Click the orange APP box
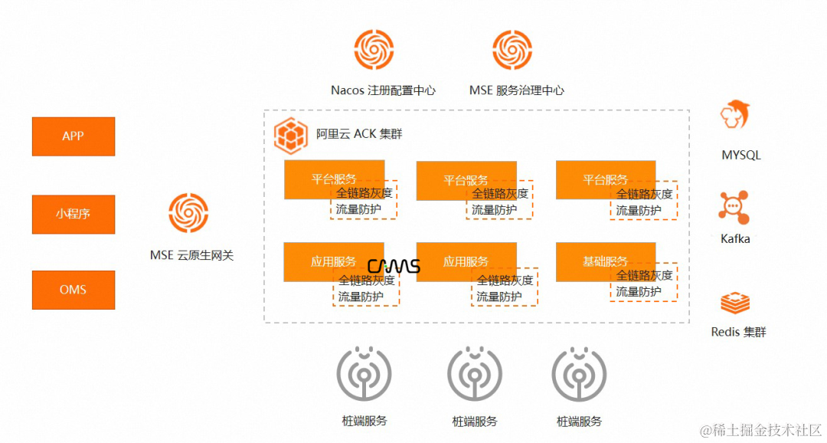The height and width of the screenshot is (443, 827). (x=74, y=136)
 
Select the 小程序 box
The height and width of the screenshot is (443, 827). (x=74, y=214)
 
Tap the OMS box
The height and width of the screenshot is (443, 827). (x=74, y=290)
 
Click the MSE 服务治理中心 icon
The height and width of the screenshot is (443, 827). (x=512, y=49)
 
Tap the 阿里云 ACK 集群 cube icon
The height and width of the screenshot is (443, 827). (x=291, y=135)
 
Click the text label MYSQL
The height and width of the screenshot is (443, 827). (x=741, y=156)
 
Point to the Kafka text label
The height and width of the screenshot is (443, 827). (x=736, y=239)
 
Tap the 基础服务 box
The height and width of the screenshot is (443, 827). (x=605, y=261)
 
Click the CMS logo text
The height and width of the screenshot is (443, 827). (x=394, y=266)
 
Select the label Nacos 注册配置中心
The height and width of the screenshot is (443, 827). (x=383, y=90)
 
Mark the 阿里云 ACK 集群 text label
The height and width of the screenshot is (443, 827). (x=359, y=134)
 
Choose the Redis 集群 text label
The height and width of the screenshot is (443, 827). (x=738, y=332)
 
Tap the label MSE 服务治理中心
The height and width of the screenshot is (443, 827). (x=517, y=90)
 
